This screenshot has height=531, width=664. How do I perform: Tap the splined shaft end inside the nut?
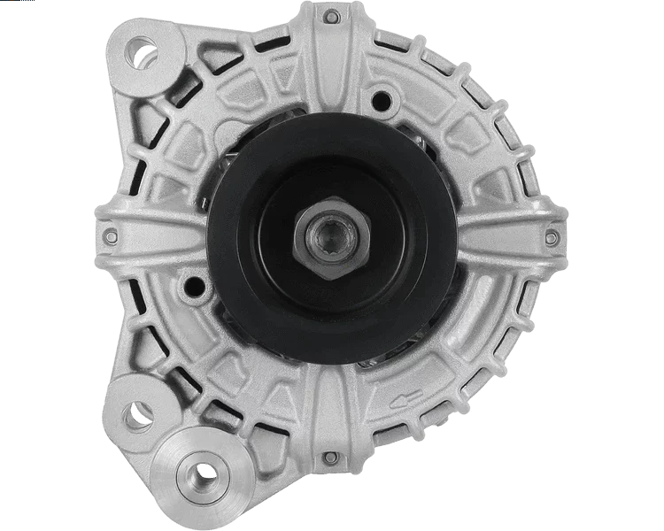click(329, 237)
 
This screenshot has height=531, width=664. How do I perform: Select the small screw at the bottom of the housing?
click(329, 458)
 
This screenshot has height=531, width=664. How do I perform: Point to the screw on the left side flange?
click(110, 235)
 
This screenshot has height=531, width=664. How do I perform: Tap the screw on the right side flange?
click(551, 236)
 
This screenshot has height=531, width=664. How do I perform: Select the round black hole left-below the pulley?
click(189, 286)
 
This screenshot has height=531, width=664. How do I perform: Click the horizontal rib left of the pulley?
click(159, 235)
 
